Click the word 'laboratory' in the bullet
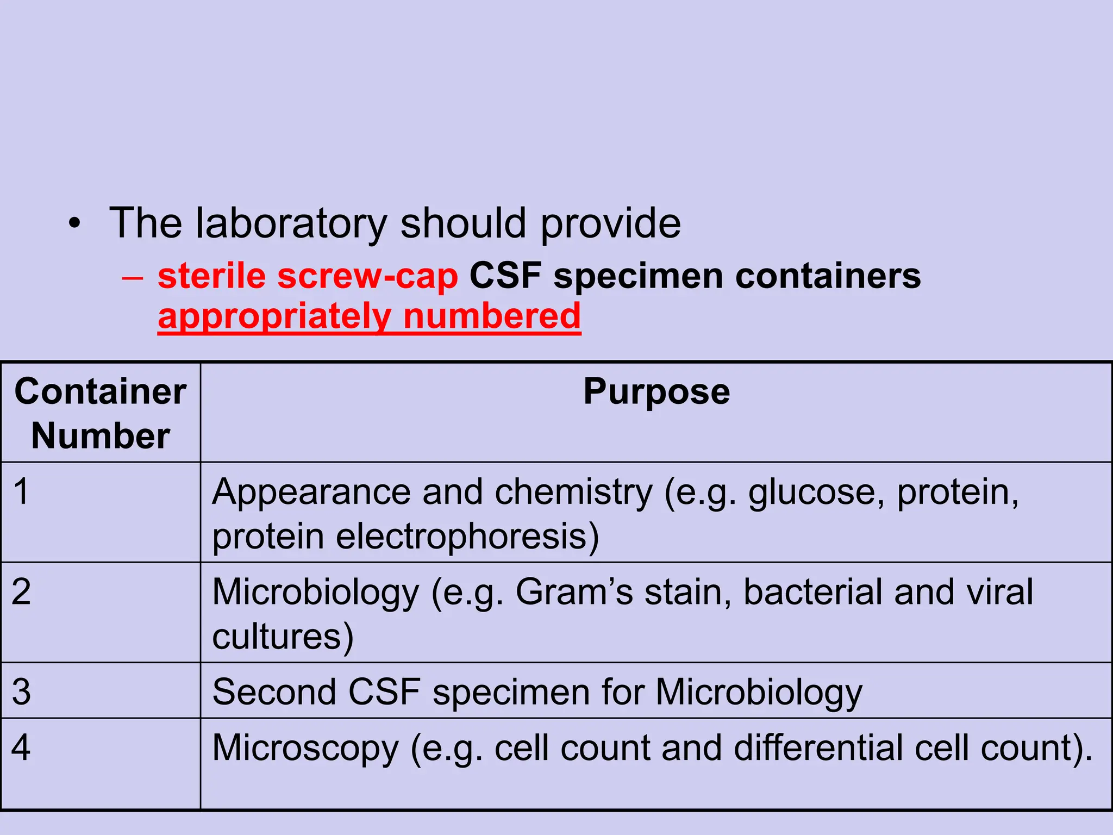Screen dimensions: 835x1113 pyautogui.click(x=291, y=223)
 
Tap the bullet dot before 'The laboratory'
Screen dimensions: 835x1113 pyautogui.click(x=74, y=223)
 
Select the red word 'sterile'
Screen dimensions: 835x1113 pyautogui.click(x=211, y=276)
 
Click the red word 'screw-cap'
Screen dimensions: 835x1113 pyautogui.click(x=367, y=276)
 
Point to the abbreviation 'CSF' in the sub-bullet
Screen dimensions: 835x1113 pyautogui.click(x=505, y=276)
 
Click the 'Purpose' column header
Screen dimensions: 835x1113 pyautogui.click(x=656, y=391)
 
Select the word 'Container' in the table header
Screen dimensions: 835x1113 pyautogui.click(x=101, y=391)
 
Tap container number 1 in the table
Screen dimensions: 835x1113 pyautogui.click(x=21, y=491)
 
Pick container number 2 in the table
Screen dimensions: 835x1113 pyautogui.click(x=21, y=591)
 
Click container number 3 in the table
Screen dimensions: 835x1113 pyautogui.click(x=21, y=692)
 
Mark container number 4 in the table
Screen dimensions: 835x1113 pyautogui.click(x=21, y=747)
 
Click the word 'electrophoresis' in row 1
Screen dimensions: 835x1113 pyautogui.click(x=467, y=537)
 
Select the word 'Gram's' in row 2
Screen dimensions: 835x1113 pyautogui.click(x=574, y=592)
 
